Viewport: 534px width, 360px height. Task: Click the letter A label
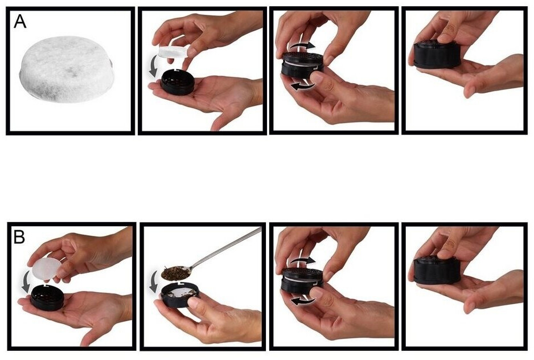(x=20, y=21)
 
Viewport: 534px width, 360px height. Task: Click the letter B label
(x=19, y=236)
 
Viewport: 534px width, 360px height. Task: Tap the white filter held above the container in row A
(x=173, y=53)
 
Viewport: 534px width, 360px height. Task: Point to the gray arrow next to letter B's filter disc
(x=26, y=281)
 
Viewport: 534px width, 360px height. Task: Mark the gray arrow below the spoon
(x=154, y=282)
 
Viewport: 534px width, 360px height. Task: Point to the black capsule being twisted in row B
(x=302, y=280)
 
